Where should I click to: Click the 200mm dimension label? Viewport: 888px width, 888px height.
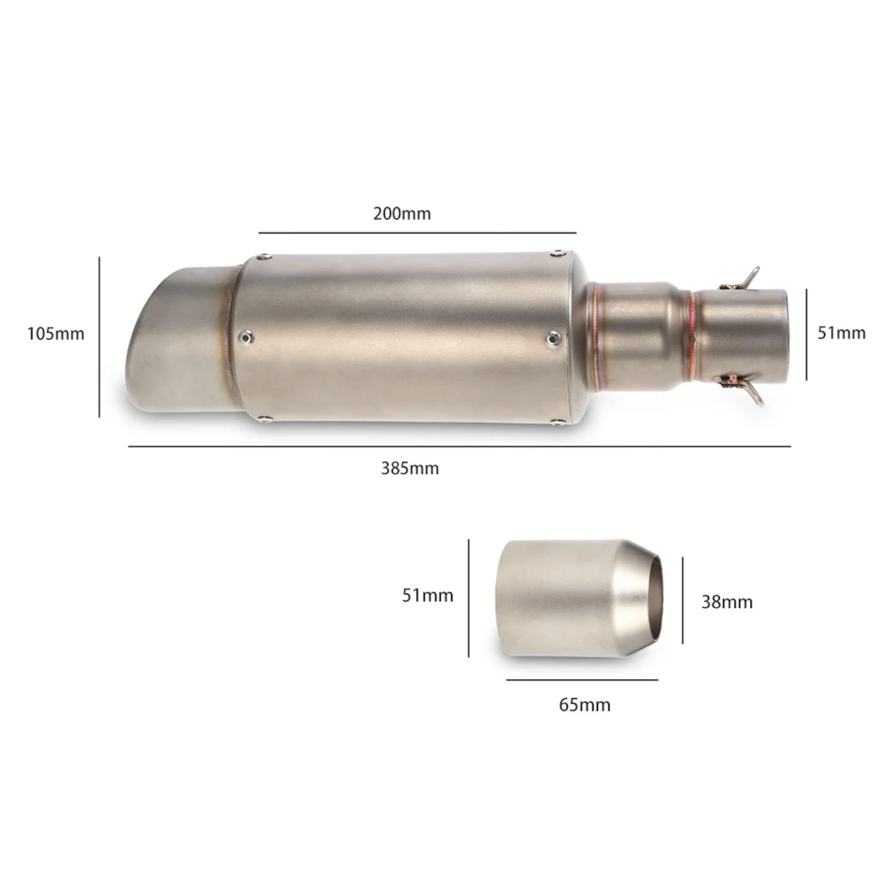[402, 214]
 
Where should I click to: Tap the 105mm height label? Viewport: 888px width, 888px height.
[56, 334]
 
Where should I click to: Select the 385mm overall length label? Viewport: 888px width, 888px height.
[410, 468]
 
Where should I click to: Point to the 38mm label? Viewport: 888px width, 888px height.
[727, 602]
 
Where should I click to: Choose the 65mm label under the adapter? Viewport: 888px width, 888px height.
[584, 705]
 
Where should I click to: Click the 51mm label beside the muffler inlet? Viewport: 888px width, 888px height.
[841, 332]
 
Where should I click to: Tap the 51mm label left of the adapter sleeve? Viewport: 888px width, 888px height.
[427, 596]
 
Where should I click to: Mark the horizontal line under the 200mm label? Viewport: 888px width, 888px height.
[417, 233]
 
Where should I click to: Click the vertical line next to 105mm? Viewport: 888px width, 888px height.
[99, 337]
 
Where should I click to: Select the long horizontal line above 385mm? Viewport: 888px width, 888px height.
[460, 446]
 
